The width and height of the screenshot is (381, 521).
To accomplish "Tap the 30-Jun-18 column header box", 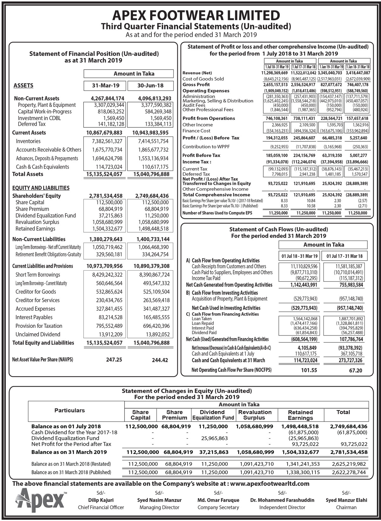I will [150, 85].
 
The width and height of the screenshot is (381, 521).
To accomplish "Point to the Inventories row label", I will [28, 141].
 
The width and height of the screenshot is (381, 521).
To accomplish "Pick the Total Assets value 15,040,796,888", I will [150, 174].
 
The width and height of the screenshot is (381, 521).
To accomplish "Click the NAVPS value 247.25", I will [114, 360].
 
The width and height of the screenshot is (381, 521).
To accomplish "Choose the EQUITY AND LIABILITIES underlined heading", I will [41, 188].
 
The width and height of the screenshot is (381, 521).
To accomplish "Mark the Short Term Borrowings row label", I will [38, 274].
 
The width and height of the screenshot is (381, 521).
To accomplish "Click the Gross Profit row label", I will [196, 85].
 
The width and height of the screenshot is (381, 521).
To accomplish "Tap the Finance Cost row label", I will [197, 131].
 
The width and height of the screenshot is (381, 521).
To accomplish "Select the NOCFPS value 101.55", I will [309, 370].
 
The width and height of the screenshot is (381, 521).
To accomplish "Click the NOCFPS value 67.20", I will [355, 370].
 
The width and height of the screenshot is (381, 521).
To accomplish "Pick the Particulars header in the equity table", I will [70, 410].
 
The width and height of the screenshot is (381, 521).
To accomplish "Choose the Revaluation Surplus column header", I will [255, 415].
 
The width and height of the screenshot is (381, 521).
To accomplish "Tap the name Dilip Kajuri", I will [101, 500].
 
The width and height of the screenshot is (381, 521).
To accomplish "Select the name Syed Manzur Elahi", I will [346, 500].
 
